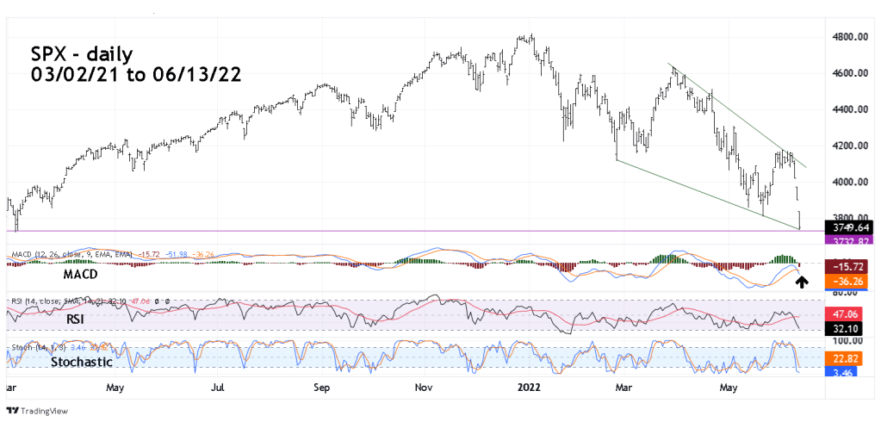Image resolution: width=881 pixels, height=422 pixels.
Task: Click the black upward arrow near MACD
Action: click(801, 282)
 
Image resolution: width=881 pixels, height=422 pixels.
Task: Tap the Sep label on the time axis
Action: click(321, 388)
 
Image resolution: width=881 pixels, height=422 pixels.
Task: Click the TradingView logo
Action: click(38, 412)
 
